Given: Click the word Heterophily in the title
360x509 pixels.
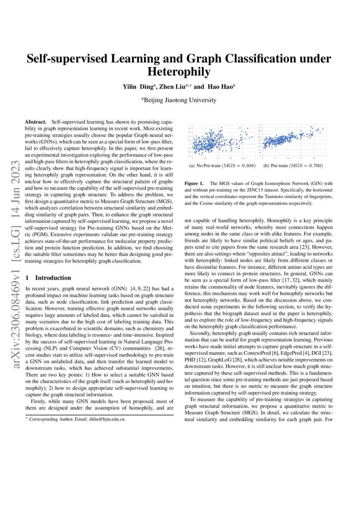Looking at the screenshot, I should [x=179, y=71].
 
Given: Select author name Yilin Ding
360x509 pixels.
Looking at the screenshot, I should [x=139, y=87].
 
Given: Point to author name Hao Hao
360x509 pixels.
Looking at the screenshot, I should [x=222, y=87].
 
